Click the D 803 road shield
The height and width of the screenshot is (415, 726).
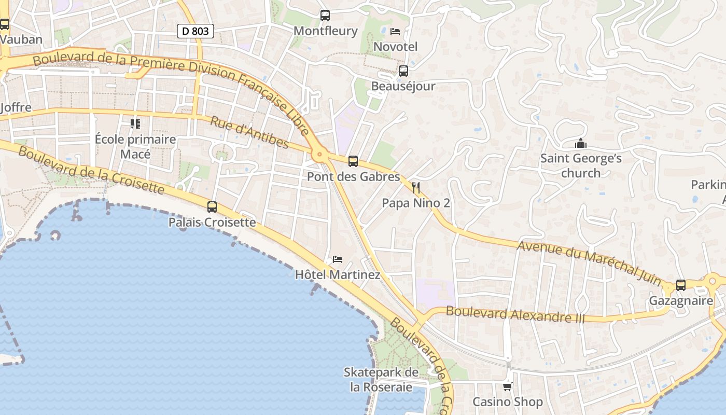click(196, 31)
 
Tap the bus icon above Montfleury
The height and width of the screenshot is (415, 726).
click(325, 16)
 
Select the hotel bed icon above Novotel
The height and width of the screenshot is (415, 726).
click(395, 32)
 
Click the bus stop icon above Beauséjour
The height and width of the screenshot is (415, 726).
click(403, 71)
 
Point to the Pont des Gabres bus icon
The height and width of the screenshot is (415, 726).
click(353, 161)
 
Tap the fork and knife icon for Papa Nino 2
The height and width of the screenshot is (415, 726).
click(416, 188)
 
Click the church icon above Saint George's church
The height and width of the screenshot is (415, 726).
click(581, 143)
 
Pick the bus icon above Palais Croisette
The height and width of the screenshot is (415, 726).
click(212, 207)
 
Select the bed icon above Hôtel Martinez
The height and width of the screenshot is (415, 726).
click(338, 259)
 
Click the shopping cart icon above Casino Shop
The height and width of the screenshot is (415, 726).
click(508, 386)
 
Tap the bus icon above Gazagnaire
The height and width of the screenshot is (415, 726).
click(681, 285)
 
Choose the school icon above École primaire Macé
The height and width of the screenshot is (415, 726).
click(135, 124)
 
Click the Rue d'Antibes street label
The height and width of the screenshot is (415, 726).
click(249, 132)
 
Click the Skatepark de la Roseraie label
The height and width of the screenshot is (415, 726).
click(381, 380)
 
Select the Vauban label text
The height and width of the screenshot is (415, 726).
click(21, 39)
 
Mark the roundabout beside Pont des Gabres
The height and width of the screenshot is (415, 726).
click(319, 154)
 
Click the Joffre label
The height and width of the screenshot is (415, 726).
click(16, 108)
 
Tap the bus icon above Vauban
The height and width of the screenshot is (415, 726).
click(5, 24)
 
